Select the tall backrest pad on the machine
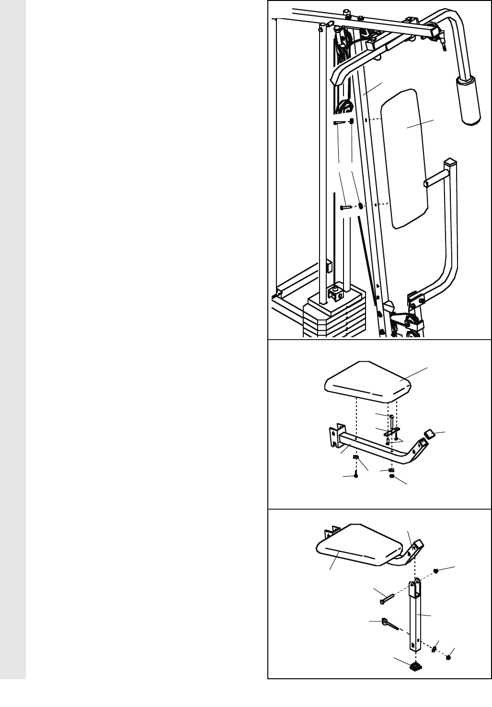408,158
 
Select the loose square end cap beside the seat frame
429,434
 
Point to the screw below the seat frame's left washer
356,476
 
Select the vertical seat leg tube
415,618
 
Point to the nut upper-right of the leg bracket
436,570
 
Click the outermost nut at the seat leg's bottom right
448,658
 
